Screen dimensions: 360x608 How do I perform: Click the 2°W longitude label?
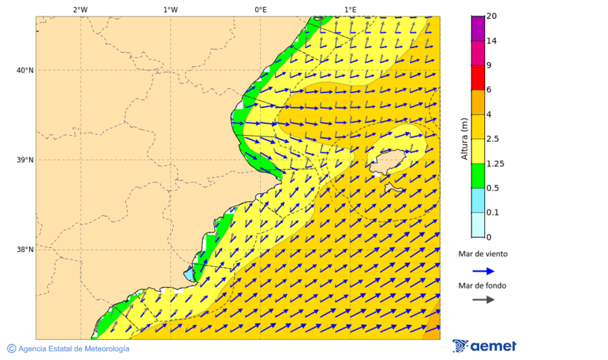coord(80,9)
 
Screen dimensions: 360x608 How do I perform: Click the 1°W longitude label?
coord(170,9)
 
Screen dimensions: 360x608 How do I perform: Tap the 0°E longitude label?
coord(260,9)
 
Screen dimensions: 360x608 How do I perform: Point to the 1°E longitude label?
coord(350,9)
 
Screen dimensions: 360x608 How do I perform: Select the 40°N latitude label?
coord(25,70)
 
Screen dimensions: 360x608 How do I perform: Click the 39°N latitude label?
coord(25,160)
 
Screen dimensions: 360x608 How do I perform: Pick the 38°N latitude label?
coord(25,249)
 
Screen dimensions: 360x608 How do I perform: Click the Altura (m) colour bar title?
coord(465,139)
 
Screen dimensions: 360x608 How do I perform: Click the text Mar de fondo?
coord(482,286)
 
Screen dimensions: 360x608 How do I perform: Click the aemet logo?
coord(484,346)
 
